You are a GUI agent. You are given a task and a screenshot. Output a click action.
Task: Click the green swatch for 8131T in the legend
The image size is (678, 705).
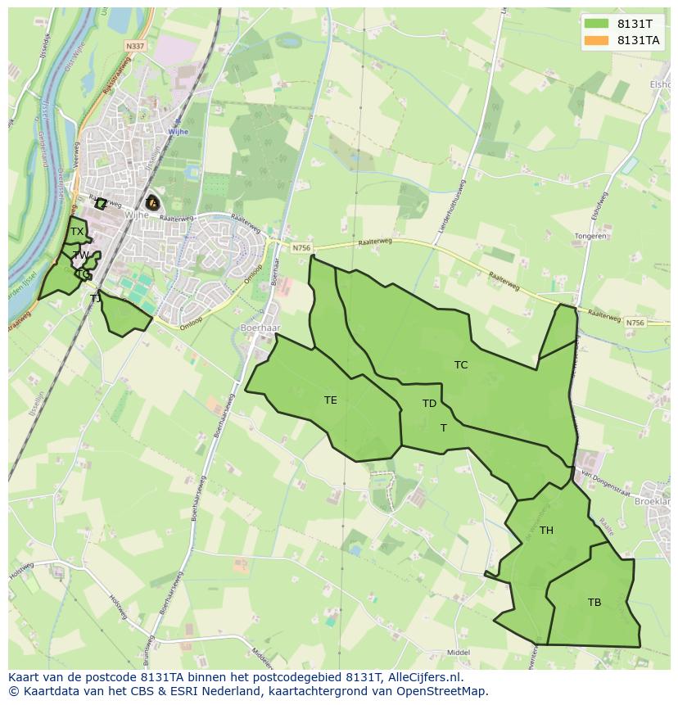pyautogui.click(x=597, y=24)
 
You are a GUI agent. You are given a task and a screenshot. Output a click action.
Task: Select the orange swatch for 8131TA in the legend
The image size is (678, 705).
pyautogui.click(x=597, y=40)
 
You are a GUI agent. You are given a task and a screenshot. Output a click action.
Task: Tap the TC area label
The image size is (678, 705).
pyautogui.click(x=461, y=365)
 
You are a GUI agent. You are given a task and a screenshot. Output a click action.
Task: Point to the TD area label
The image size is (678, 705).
pyautogui.click(x=429, y=404)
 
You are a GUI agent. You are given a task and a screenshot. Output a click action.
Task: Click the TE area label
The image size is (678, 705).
pyautogui.click(x=330, y=400)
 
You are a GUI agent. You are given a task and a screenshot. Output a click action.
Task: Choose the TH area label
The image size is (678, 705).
pyautogui.click(x=546, y=531)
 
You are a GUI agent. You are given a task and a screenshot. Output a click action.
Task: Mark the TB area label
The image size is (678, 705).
pyautogui.click(x=594, y=603)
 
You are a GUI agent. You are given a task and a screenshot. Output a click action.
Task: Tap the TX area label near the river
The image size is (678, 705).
pyautogui.click(x=76, y=233)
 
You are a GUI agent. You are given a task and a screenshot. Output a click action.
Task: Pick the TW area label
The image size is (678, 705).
pyautogui.click(x=81, y=255)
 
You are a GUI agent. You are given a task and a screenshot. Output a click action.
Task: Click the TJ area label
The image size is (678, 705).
pyautogui.click(x=95, y=299)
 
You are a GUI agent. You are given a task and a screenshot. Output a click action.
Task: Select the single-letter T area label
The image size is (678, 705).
pyautogui.click(x=443, y=428)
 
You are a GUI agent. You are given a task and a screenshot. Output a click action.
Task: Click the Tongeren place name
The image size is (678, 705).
pyautogui.click(x=590, y=236)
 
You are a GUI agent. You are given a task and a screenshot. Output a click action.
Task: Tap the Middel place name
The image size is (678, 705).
pyautogui.click(x=459, y=653)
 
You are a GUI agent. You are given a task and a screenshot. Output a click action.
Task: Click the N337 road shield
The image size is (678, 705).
pyautogui.click(x=135, y=47)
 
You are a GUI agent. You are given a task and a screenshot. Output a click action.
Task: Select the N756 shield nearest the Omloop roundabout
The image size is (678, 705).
pyautogui.click(x=301, y=246)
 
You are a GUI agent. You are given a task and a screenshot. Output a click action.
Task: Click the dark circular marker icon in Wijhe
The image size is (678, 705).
pyautogui.click(x=152, y=202)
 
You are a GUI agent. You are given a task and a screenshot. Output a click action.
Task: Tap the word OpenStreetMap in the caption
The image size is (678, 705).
pyautogui.click(x=442, y=691)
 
